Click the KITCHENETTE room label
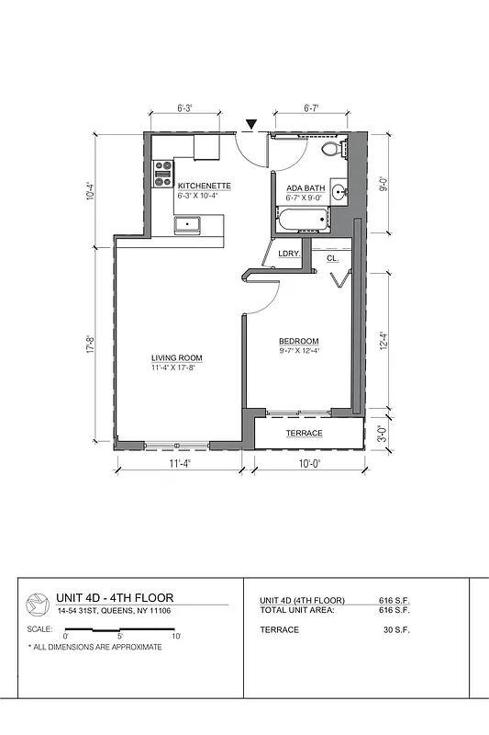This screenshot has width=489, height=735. [204, 186]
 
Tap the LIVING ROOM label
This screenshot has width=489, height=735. [176, 357]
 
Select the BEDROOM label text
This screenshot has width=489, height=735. [299, 341]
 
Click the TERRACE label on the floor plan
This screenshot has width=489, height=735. [304, 433]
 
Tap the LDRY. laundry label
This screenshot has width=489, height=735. [290, 254]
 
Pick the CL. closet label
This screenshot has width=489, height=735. [332, 259]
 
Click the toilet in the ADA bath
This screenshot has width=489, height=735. [331, 149]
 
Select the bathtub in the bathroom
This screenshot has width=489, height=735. [302, 220]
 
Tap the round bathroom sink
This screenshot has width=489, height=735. [339, 192]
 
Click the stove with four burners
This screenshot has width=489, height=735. [163, 174]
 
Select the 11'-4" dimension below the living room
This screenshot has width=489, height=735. [179, 464]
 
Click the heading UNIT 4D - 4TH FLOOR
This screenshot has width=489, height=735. [115, 597]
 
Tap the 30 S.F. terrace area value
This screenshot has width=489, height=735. [395, 629]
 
